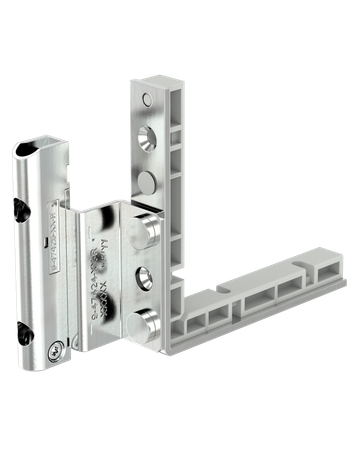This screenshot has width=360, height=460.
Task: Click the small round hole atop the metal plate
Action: [151, 100]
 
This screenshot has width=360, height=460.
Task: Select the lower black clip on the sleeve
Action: [20, 322]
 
